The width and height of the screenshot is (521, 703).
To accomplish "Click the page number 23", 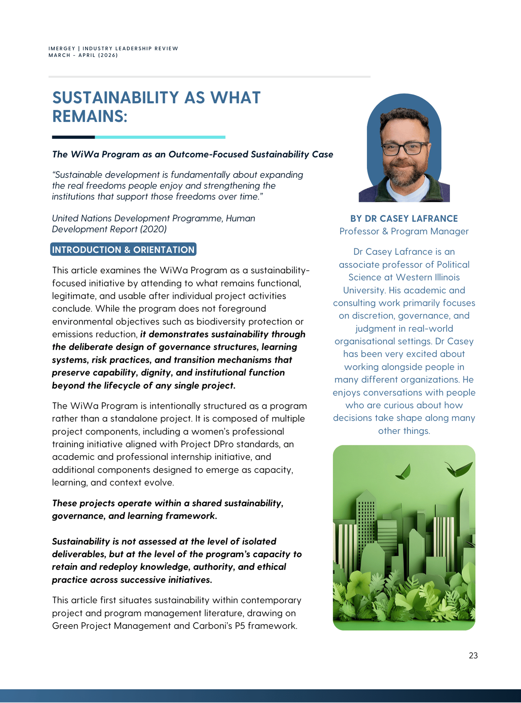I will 473,655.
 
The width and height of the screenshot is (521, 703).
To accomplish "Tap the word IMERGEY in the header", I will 62,49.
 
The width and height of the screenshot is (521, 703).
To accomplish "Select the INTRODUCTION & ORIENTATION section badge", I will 123,250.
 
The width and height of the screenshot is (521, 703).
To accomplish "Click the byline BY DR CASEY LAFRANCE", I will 404,219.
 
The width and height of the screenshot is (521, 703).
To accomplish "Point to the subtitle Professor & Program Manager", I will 404,231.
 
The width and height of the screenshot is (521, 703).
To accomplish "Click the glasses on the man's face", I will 404,149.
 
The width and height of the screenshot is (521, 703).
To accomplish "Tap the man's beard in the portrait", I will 404,176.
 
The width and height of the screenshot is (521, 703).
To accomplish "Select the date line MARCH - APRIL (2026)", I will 83,55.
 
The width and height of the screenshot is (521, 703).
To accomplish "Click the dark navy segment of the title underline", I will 73,137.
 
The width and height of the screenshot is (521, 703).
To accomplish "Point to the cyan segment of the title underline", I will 160,137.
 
